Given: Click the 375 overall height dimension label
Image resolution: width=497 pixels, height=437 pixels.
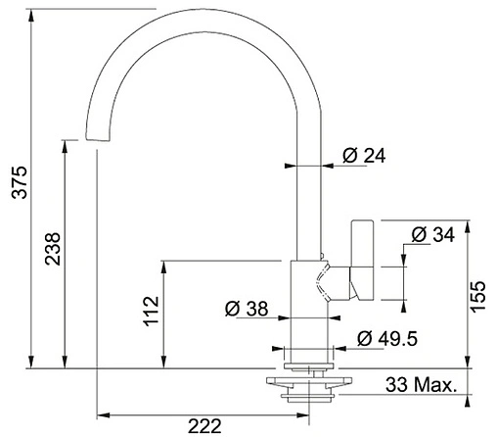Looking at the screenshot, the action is click(x=20, y=182).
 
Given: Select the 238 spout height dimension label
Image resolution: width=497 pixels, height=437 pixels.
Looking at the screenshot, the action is click(x=53, y=249).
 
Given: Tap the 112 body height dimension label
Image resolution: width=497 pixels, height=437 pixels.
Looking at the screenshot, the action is click(x=151, y=311).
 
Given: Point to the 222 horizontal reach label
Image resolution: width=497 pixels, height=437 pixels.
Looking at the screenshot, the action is click(x=204, y=426).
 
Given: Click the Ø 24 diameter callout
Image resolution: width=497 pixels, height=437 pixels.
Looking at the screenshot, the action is click(x=364, y=156).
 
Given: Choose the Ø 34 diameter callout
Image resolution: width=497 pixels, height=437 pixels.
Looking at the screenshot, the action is click(x=432, y=234).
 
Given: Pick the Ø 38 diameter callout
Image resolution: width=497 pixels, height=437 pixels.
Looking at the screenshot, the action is click(x=247, y=309).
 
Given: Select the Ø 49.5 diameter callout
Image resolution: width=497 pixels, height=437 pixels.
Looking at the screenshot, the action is click(x=387, y=338).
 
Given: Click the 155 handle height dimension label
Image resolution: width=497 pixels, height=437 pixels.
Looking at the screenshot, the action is click(x=478, y=297).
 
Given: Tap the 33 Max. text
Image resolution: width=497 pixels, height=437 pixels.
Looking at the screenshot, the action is click(x=421, y=385).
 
